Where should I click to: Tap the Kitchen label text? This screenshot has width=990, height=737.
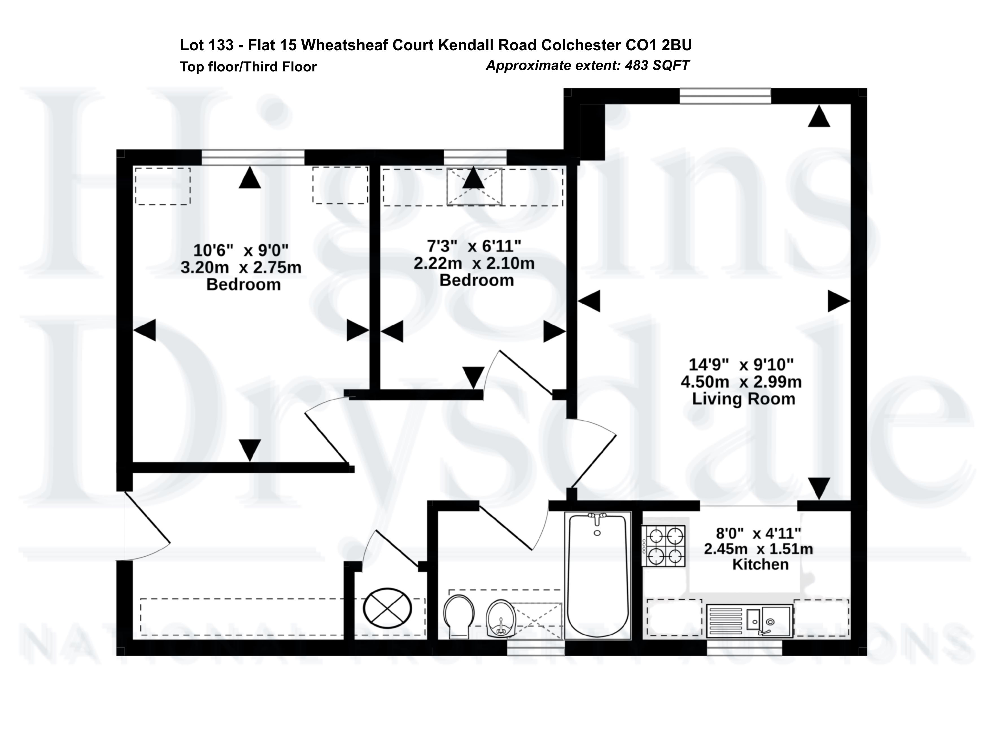coord(760,564)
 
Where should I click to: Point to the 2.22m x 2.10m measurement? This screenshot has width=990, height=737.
coord(474,263)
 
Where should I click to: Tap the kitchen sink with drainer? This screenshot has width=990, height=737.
coord(749,620)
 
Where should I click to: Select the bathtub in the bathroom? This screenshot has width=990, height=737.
coord(598,576)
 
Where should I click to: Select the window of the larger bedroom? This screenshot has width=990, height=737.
coord(253,158)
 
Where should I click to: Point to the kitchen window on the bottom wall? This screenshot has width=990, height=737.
coord(745,648)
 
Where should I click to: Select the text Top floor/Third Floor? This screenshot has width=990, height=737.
coord(248,67)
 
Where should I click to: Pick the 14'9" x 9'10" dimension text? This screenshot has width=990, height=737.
coord(741,365)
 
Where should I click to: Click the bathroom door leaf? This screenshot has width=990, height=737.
coord(506,526)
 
